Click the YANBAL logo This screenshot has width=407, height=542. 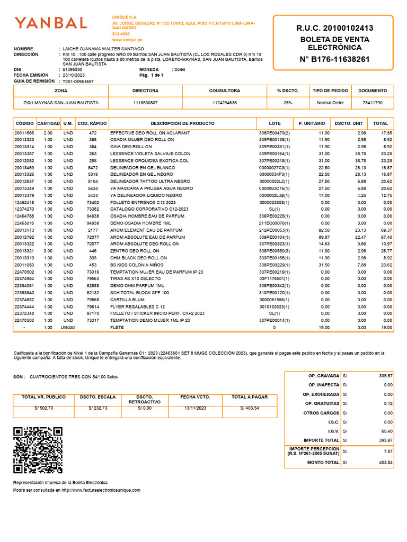tap(51, 23)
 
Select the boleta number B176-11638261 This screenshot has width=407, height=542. tap(334, 59)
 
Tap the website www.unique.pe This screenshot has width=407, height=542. tap(127, 40)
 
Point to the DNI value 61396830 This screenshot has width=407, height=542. tap(73, 69)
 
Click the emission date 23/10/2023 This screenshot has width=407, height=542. tap(75, 75)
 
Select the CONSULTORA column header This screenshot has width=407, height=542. tap(224, 91)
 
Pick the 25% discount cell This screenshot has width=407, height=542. tap(288, 103)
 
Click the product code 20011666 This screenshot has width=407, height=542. tap(24, 133)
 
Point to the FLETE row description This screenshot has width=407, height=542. tap(117, 328)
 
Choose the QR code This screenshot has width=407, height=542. tap(38, 450)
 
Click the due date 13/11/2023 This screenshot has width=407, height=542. tap(196, 408)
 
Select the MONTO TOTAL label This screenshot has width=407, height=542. tap(323, 463)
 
